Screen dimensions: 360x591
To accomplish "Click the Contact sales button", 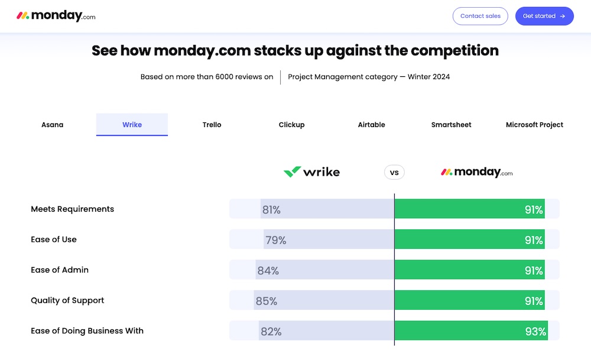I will click(x=480, y=16).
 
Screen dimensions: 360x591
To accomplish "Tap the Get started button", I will click(x=544, y=16).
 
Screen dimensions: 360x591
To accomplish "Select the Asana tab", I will click(x=52, y=125).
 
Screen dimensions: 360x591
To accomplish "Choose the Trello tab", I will click(x=212, y=125).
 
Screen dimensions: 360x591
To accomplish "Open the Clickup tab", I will click(x=291, y=125).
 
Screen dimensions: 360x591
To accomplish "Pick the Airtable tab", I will click(x=371, y=125).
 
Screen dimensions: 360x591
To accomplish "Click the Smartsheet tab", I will click(x=451, y=125).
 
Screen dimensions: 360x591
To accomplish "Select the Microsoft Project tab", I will click(x=534, y=125).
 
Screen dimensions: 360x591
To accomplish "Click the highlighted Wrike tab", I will click(x=132, y=125).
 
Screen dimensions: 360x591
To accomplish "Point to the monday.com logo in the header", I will click(x=56, y=16).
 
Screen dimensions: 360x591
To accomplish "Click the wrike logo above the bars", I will click(x=311, y=172).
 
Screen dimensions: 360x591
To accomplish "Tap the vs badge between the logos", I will click(x=394, y=173).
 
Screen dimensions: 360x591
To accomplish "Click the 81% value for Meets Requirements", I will click(x=271, y=209).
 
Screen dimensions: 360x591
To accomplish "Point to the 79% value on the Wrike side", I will click(x=275, y=240).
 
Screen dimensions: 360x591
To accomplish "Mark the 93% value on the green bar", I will click(x=535, y=332).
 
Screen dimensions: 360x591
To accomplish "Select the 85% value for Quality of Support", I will click(x=266, y=301).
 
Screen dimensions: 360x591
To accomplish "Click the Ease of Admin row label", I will click(x=60, y=270).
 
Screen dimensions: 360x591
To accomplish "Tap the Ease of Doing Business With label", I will click(x=87, y=331).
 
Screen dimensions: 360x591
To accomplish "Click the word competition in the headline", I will click(x=454, y=51).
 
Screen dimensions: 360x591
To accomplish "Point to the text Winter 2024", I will click(x=428, y=77).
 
